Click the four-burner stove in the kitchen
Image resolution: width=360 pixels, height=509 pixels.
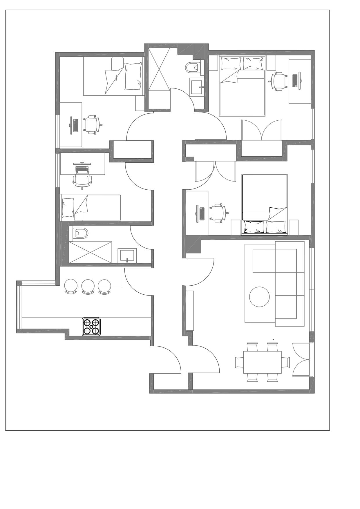pos(91,327)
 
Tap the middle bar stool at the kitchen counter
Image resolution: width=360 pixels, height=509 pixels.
pos(88,286)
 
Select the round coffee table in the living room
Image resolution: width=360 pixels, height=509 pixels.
pos(259,297)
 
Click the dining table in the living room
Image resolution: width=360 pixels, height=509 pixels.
pos(262,362)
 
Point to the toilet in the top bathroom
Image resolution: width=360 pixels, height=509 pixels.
pos(192,68)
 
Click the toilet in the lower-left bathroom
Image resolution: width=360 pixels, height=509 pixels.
pos(80,233)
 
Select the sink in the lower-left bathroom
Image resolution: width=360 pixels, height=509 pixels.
pos(127,255)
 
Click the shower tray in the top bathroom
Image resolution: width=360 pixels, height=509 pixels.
pos(159,70)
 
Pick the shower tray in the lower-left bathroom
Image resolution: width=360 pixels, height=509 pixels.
pos(90,252)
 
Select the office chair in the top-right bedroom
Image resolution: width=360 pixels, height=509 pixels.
pos(279,81)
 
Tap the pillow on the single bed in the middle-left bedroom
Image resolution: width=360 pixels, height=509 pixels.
pos(68,207)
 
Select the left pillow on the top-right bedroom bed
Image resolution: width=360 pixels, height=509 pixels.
pos(231,64)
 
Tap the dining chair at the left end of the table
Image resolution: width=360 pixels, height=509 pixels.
pos(239,362)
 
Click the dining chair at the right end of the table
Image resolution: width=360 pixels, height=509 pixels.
pos(286,362)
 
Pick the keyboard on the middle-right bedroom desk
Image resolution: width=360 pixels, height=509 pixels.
pos(202,213)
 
